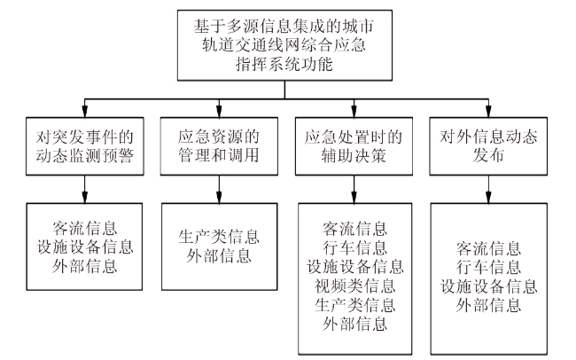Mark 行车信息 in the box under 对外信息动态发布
(488, 265)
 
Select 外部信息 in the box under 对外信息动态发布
(488, 304)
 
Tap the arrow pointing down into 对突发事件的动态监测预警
(85, 113)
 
